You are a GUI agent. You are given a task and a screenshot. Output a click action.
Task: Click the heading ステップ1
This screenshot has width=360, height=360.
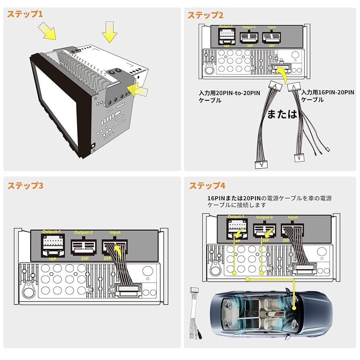coord(25,14)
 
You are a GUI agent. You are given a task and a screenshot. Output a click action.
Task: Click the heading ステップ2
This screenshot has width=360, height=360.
coord(205,15)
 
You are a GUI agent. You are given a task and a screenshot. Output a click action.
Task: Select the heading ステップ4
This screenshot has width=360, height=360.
coord(207,186)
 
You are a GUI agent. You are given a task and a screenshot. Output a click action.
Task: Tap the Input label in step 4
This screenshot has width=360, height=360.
coord(293,217)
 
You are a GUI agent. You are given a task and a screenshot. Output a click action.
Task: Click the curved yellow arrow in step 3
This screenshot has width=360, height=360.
coord(118,253)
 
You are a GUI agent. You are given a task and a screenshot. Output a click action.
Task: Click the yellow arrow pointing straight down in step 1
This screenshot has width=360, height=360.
coord(109,32)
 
